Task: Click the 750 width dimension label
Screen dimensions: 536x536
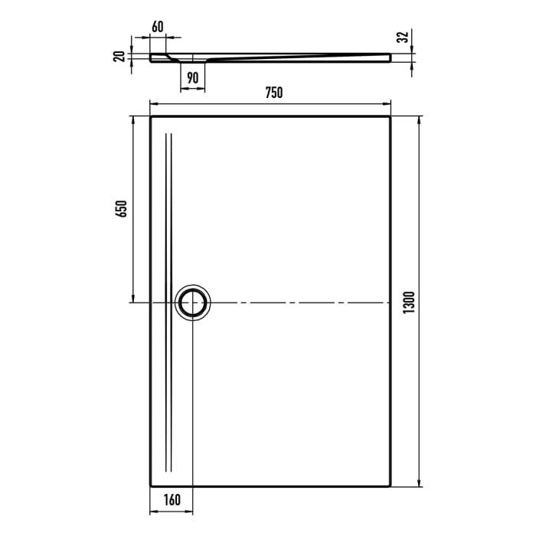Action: point(274,93)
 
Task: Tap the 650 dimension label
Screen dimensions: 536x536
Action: point(121,210)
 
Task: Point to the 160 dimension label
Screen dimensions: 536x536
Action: point(172,501)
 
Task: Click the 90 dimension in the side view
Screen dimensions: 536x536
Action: point(192,77)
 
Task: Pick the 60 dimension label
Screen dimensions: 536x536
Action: point(158,26)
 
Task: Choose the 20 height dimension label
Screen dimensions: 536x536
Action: point(119,57)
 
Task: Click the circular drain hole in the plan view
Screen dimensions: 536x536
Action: point(192,303)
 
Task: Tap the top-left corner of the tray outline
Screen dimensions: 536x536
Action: point(150,116)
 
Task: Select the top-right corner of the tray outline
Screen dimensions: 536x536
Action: point(392,116)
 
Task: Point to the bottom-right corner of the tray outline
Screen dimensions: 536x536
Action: point(392,485)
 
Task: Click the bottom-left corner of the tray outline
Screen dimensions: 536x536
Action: point(150,485)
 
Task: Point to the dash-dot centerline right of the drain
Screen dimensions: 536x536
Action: point(299,303)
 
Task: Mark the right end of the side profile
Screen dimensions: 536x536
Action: point(391,57)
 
